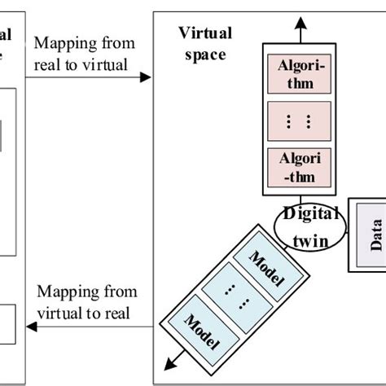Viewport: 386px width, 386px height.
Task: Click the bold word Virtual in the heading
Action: pyautogui.click(x=204, y=33)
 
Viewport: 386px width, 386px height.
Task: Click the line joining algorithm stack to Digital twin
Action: pyautogui.click(x=300, y=201)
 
